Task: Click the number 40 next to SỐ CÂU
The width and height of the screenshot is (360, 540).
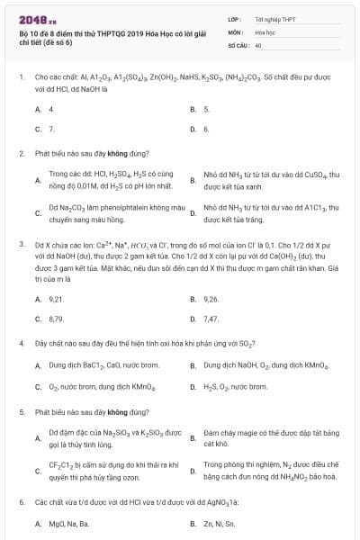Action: click(x=258, y=45)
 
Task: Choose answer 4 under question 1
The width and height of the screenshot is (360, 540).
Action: click(x=51, y=109)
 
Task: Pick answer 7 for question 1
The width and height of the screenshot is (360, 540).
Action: click(x=51, y=129)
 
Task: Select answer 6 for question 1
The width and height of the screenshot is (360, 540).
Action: click(x=206, y=129)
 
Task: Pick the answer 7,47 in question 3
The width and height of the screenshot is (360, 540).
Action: click(x=211, y=319)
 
